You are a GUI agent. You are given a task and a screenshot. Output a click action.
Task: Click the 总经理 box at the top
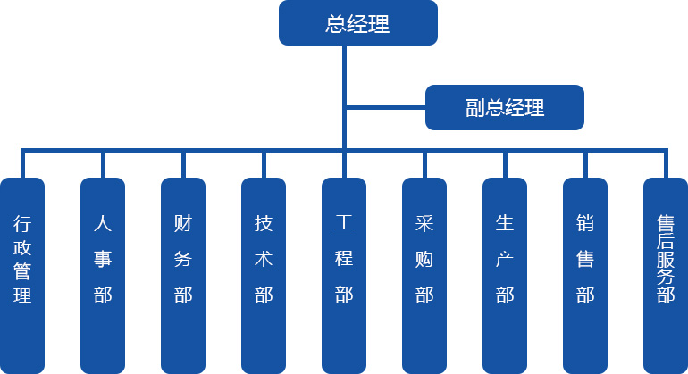(x=357, y=23)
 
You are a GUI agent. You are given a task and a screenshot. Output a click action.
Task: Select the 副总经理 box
(x=504, y=108)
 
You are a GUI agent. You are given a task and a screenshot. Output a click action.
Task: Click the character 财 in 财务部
(x=183, y=223)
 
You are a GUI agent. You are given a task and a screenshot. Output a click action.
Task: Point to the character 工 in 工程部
(x=344, y=223)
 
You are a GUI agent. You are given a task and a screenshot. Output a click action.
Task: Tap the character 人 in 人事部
(x=103, y=223)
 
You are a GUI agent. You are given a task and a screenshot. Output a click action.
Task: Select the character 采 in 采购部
(x=424, y=223)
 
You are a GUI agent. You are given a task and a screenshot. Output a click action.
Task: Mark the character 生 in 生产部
(x=505, y=223)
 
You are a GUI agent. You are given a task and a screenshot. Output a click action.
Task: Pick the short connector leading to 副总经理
(x=385, y=108)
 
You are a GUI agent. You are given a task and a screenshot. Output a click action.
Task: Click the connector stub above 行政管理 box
(x=22, y=164)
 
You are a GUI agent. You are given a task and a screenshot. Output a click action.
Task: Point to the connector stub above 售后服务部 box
(x=666, y=164)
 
